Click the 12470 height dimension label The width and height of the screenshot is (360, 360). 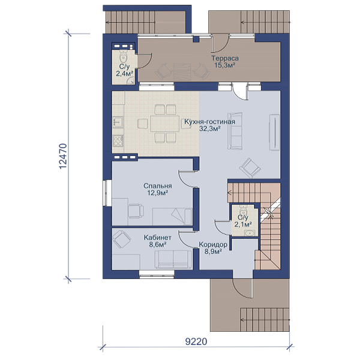click(x=62, y=156)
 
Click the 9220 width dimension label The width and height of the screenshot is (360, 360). click(x=196, y=341)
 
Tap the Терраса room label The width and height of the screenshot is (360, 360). click(x=225, y=58)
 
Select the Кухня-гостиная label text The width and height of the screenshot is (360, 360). click(x=209, y=122)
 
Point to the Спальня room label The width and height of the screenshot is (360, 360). click(x=157, y=186)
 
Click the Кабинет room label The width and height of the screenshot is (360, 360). click(x=157, y=238)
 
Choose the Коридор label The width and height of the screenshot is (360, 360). click(x=213, y=245)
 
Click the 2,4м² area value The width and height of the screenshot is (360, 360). click(x=125, y=74)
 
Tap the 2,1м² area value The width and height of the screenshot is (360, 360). click(x=243, y=224)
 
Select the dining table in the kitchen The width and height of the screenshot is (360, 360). click(x=165, y=124)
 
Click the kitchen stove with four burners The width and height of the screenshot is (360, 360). click(x=118, y=140)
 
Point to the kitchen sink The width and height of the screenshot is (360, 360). click(x=118, y=122)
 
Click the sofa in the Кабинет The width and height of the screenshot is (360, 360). click(x=173, y=259)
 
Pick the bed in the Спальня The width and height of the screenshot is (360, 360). click(x=172, y=217)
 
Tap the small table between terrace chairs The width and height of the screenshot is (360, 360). click(x=182, y=72)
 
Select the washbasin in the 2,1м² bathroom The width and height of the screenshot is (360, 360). click(x=248, y=233)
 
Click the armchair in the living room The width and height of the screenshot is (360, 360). click(x=250, y=167)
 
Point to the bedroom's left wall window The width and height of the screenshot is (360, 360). click(x=107, y=193)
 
